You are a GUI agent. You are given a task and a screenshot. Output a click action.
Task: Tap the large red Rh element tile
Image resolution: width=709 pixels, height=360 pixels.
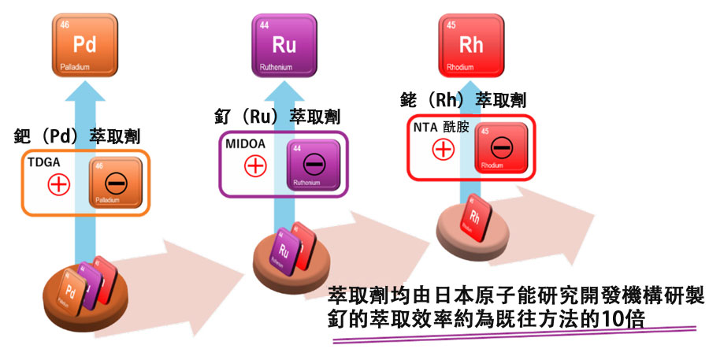click(x=470, y=45)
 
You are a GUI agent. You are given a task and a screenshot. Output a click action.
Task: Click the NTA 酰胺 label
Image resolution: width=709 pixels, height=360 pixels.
click(x=441, y=126)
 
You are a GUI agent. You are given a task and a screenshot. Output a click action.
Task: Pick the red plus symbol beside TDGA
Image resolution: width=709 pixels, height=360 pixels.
click(x=60, y=184)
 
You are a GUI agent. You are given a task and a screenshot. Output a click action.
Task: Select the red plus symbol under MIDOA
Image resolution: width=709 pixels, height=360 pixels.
click(x=254, y=165)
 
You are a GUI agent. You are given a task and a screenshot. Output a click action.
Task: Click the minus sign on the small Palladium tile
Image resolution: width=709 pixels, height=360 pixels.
click(x=115, y=182)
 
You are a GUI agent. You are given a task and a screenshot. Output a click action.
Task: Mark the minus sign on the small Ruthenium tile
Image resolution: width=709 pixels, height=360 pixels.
click(x=314, y=164)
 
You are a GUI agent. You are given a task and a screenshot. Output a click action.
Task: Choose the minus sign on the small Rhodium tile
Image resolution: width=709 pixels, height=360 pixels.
click(x=501, y=147)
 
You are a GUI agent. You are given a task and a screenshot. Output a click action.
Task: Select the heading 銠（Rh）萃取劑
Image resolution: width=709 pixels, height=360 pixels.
click(x=464, y=100)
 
